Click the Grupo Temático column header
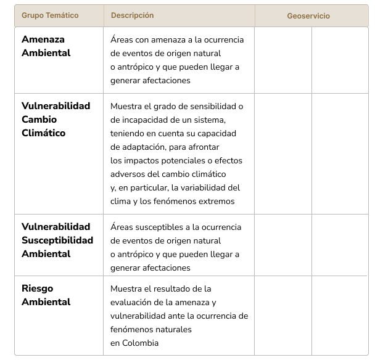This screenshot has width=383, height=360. tap(50, 15)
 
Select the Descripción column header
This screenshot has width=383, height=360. tap(132, 15)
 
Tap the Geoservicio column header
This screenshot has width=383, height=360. tap(308, 16)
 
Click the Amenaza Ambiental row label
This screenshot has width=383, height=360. tap(46, 46)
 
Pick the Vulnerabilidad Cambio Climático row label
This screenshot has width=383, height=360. tap(56, 119)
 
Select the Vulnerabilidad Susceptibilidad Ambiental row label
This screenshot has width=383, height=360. tap(57, 240)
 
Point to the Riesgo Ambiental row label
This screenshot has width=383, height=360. tap(46, 295)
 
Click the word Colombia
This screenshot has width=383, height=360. tap(139, 343)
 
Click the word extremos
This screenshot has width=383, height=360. tap(213, 201)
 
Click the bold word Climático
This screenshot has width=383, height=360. tap(43, 133)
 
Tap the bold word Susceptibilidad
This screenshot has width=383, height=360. tap(57, 240)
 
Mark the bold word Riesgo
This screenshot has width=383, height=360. tap(38, 288)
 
